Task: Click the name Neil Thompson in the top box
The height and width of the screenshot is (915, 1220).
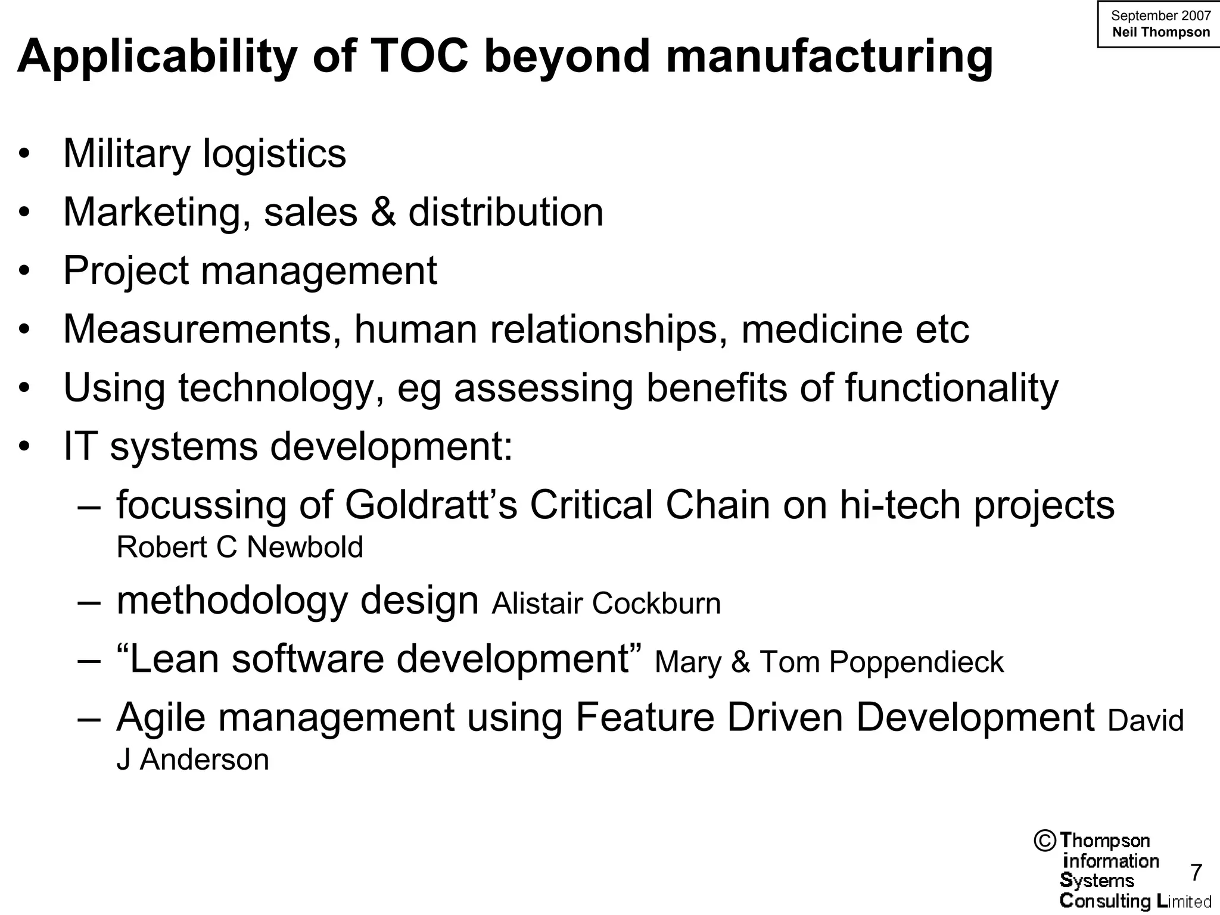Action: click(x=1161, y=32)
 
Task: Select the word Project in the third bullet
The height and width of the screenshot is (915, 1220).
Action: click(x=126, y=271)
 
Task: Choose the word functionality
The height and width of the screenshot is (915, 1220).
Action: click(x=951, y=388)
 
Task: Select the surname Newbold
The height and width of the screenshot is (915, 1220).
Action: click(x=304, y=547)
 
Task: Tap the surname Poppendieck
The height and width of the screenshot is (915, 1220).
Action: click(x=917, y=662)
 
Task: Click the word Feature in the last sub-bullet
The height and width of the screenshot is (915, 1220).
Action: click(x=645, y=717)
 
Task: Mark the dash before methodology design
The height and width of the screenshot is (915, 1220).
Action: click(x=89, y=602)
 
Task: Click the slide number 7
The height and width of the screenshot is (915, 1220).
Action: click(x=1196, y=873)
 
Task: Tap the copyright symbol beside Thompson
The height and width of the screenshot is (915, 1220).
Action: click(x=1045, y=841)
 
